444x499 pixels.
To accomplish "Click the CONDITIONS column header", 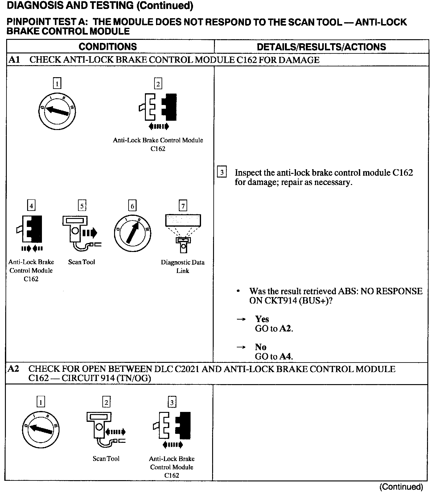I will point(108,47).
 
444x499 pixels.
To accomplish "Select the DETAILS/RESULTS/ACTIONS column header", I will point(321,47).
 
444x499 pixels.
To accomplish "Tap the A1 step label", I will point(14,60).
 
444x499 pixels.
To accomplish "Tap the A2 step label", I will point(13,369).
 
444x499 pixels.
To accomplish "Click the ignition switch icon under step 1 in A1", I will point(57,111).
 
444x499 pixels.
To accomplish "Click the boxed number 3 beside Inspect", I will point(222,172).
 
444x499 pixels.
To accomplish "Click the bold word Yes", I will point(262,319).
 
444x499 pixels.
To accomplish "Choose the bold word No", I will point(261,347).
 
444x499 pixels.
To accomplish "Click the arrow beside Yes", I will point(241,319).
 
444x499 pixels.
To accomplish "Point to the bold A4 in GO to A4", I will point(286,357).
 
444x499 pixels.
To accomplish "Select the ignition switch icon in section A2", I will point(41,430).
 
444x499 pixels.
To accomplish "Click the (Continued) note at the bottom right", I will point(401,487).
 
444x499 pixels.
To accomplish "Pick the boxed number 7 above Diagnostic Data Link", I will point(183,206).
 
